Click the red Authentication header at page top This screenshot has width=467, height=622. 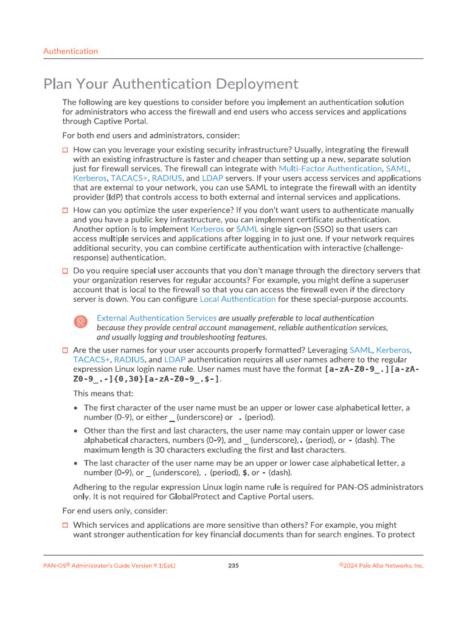(71, 51)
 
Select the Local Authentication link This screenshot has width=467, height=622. (238, 299)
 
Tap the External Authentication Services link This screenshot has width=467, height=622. (156, 318)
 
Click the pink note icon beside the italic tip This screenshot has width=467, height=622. (80, 322)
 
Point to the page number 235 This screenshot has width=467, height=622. (233, 566)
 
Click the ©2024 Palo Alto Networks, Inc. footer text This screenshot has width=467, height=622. (381, 566)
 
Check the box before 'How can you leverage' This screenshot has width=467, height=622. (66, 149)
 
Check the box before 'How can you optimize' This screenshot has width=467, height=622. (66, 210)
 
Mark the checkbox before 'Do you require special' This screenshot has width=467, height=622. (66, 271)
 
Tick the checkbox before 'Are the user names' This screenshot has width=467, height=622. (66, 350)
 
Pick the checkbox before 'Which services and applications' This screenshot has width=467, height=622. (66, 525)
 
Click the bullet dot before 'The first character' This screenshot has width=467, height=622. (75, 408)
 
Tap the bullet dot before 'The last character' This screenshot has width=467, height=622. (75, 463)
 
